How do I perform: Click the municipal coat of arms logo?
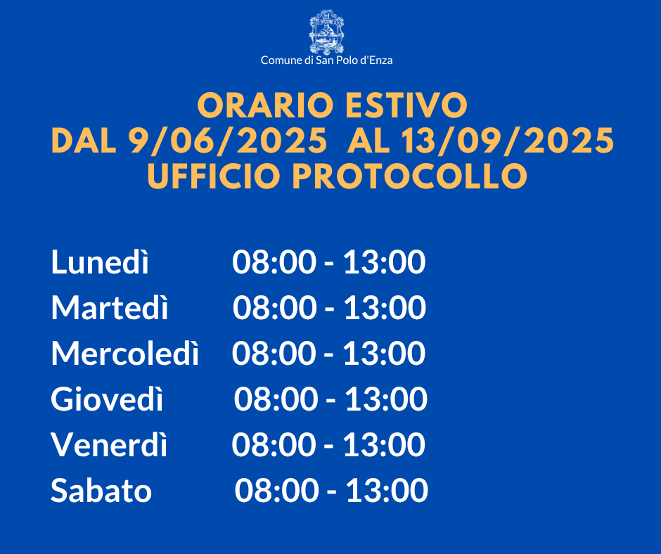(326, 32)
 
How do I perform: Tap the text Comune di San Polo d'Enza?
(327, 60)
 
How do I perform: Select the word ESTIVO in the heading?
(406, 105)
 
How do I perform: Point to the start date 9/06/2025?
(228, 141)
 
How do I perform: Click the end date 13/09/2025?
(508, 141)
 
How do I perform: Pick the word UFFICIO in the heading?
(214, 176)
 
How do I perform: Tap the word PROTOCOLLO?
(410, 176)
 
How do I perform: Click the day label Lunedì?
(100, 262)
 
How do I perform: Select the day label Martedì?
(110, 307)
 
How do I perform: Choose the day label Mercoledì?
(124, 352)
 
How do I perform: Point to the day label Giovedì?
(107, 398)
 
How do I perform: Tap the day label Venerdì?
(109, 444)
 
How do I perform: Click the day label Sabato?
(101, 490)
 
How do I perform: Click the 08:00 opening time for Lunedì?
(274, 262)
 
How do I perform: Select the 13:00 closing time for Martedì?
(385, 307)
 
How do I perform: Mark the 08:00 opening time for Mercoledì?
(274, 353)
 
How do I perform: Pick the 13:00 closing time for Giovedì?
(386, 399)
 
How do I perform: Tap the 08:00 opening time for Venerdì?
(274, 444)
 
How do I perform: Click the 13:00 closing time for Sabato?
(387, 490)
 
